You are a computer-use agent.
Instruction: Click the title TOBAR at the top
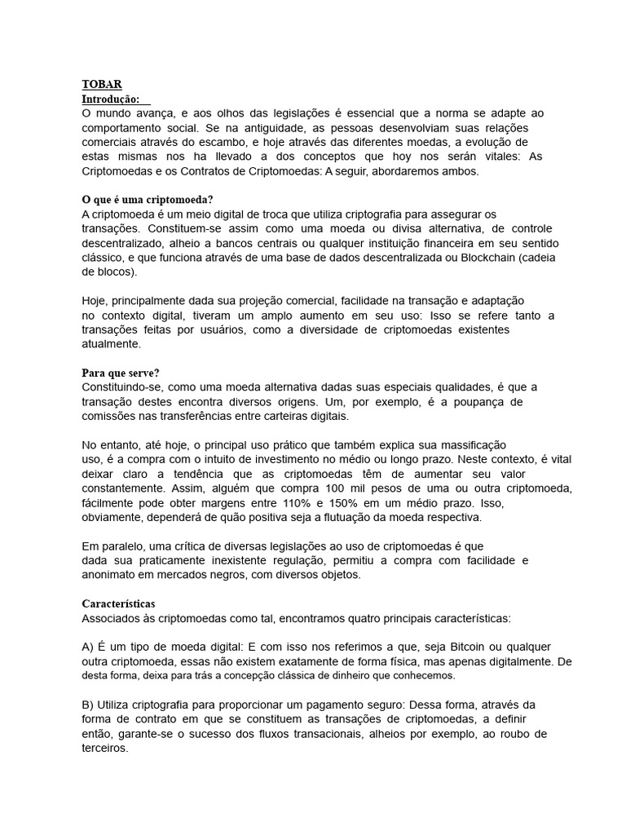pyautogui.click(x=102, y=84)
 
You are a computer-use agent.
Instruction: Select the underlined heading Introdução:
pyautogui.click(x=112, y=99)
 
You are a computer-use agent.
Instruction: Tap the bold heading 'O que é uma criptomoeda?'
pyautogui.click(x=148, y=200)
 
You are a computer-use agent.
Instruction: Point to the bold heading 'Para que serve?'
pyautogui.click(x=121, y=373)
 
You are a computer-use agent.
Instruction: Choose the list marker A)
pyautogui.click(x=88, y=647)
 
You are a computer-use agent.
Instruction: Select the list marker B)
pyautogui.click(x=88, y=705)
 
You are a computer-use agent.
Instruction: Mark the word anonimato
pyautogui.click(x=115, y=575)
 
